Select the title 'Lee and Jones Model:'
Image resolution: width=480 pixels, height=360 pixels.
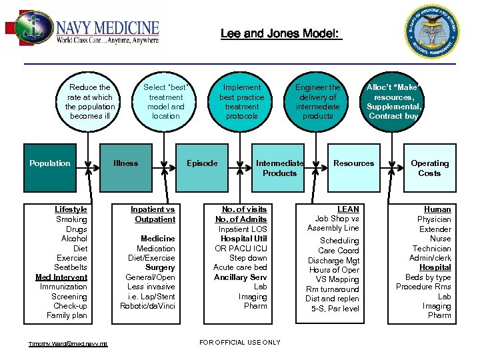point(280,33)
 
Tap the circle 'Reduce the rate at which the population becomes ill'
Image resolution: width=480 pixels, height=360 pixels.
point(89,101)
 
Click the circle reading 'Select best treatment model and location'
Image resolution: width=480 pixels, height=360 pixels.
point(165,101)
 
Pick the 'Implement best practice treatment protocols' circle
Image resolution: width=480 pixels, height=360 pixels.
point(241,101)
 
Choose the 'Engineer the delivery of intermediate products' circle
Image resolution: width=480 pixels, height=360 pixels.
point(317,101)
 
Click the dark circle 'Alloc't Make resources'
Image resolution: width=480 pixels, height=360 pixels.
point(393,101)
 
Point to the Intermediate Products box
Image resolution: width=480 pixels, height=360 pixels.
point(279,168)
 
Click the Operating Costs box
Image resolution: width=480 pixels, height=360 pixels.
point(429,168)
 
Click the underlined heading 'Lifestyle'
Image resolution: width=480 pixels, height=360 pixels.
point(71,209)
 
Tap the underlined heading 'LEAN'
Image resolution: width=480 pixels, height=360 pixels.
point(348,209)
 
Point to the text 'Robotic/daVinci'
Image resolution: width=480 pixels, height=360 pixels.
point(147,306)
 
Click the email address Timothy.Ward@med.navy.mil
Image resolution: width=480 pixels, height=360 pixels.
point(68,344)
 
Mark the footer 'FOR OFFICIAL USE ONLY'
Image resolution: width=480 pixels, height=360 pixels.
point(240,343)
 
